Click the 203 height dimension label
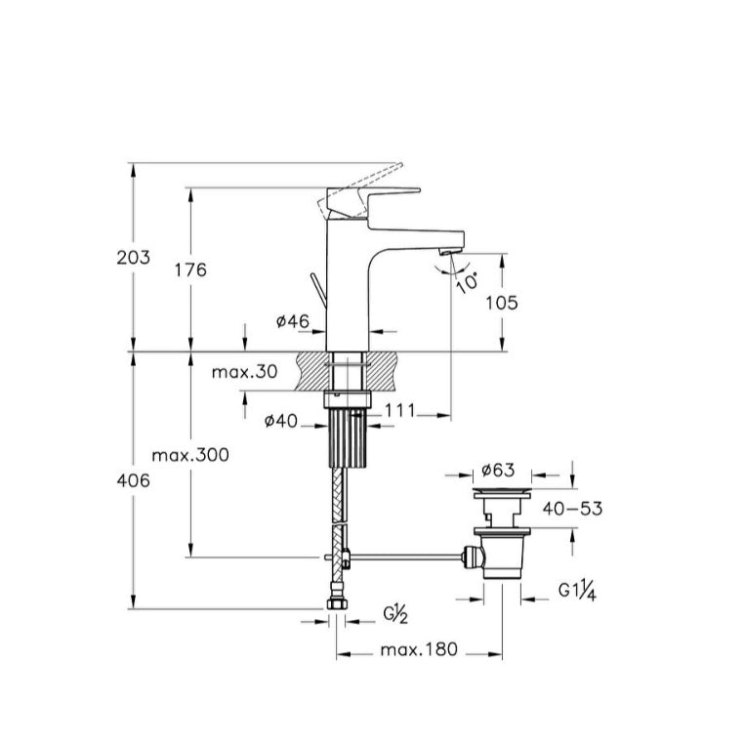pos(134,257)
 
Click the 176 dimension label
pos(190,270)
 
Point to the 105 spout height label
pos(502,303)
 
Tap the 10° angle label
pos(467,282)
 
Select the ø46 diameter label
pos(293,321)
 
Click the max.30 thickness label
pos(244,372)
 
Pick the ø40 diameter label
pos(281,421)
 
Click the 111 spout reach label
pos(400,410)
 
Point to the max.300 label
pos(190,456)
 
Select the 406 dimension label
pos(134,480)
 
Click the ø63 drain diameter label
pos(498,470)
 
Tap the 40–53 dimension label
pos(573,509)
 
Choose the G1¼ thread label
pos(577,591)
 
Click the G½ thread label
pos(395,615)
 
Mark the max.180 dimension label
pos(420,649)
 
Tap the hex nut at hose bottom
pos(338,604)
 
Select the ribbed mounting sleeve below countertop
pos(348,438)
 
